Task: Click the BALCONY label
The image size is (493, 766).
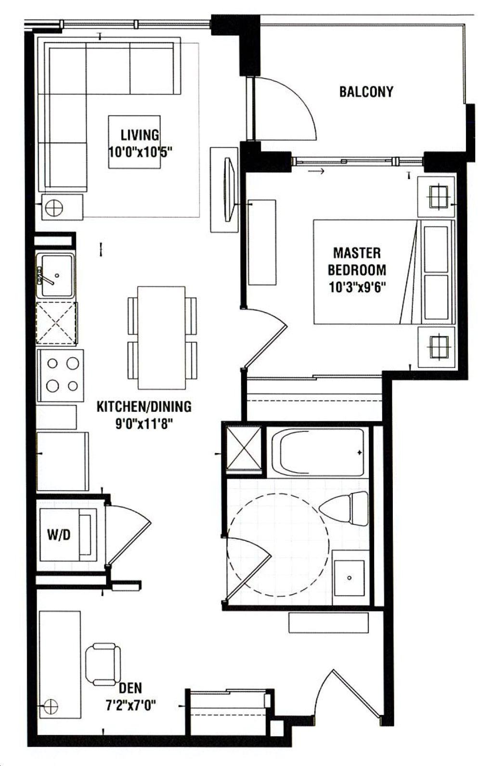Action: pyautogui.click(x=366, y=92)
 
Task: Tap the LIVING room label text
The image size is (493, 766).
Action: pyautogui.click(x=140, y=135)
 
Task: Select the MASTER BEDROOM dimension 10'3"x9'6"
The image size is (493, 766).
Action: pyautogui.click(x=357, y=287)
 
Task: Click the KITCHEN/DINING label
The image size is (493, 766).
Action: pyautogui.click(x=144, y=407)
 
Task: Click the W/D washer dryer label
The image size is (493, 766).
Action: pyautogui.click(x=59, y=534)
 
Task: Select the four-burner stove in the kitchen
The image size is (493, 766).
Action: pyautogui.click(x=60, y=375)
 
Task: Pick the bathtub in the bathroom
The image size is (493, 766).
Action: pyautogui.click(x=318, y=452)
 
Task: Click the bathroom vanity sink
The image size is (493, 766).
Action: pyautogui.click(x=349, y=578)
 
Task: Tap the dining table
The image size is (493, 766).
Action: pyautogui.click(x=161, y=338)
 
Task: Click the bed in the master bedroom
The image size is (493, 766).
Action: pyautogui.click(x=384, y=272)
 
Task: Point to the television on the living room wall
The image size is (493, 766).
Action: pyautogui.click(x=229, y=189)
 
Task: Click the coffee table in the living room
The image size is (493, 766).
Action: pyautogui.click(x=134, y=142)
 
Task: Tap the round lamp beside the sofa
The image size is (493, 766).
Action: pyautogui.click(x=54, y=207)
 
